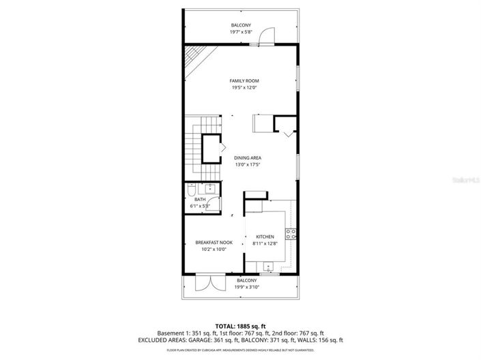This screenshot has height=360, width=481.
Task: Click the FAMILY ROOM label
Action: pyautogui.click(x=244, y=80)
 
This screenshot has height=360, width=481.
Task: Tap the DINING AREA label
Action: pyautogui.click(x=248, y=157)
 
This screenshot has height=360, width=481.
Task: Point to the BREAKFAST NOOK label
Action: pyautogui.click(x=214, y=242)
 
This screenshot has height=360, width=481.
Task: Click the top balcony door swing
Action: pyautogui.click(x=268, y=35)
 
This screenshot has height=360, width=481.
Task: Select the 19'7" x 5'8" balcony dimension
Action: pyautogui.click(x=240, y=31)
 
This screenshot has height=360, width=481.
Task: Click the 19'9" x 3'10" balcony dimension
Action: pyautogui.click(x=247, y=287)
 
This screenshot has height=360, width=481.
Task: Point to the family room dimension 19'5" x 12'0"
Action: pyautogui.click(x=244, y=87)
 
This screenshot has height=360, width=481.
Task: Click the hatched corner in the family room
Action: pyautogui.click(x=196, y=55)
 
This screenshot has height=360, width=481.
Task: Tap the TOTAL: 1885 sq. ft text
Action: pyautogui.click(x=240, y=326)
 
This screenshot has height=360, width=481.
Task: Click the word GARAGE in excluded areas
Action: pyautogui.click(x=210, y=340)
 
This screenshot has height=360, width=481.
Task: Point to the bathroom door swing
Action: pyautogui.click(x=214, y=201)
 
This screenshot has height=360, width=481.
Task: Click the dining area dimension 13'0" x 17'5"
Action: pyautogui.click(x=248, y=164)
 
